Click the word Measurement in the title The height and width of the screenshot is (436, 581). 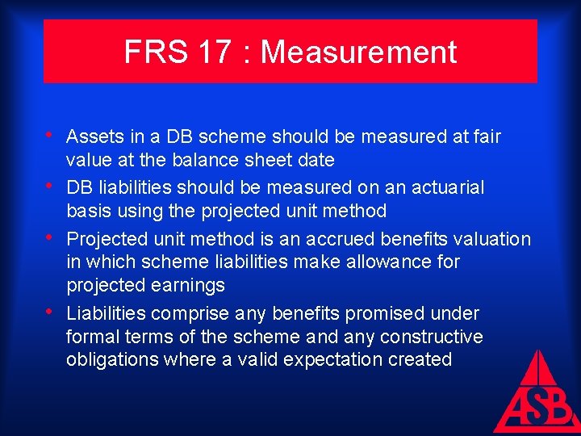[358, 52]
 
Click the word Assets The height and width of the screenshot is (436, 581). [92, 136]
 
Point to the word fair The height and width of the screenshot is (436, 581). [486, 136]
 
